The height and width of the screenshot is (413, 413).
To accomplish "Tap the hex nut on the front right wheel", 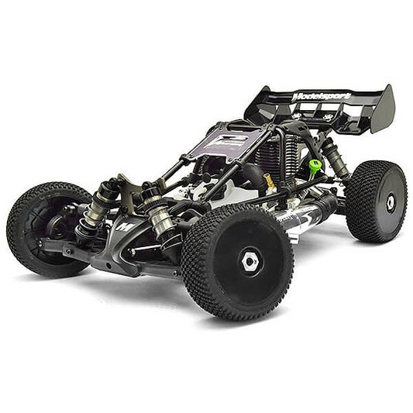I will pos(250,261).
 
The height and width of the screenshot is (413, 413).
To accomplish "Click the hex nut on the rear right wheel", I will pos(390,201).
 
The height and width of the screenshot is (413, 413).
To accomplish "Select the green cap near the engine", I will pos(315,166).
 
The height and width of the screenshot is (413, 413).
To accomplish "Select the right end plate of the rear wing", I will pos(382,109).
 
